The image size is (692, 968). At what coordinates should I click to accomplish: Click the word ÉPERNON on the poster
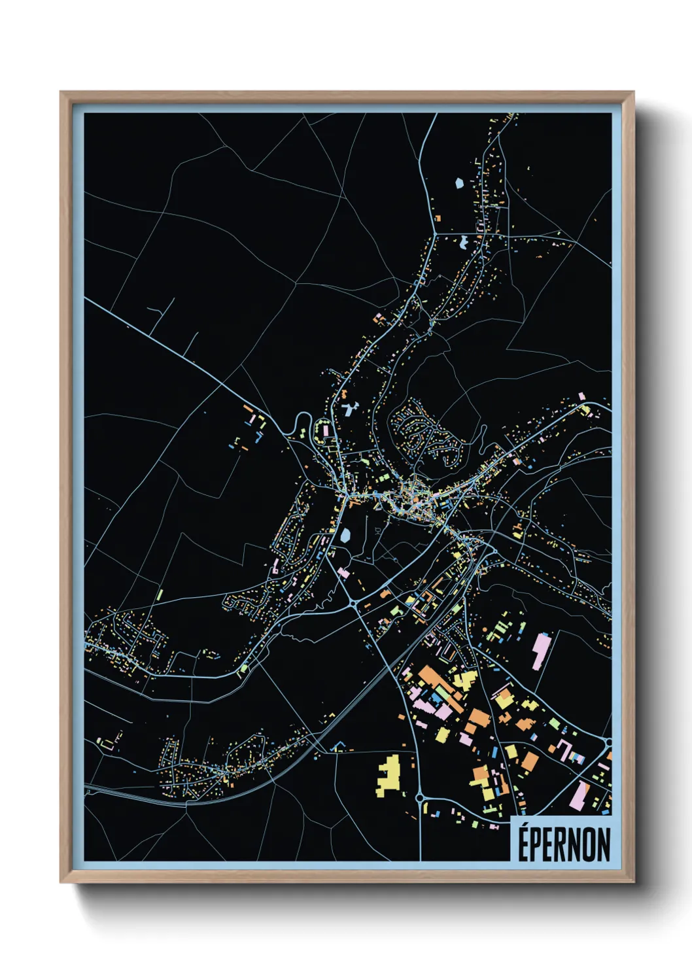click(564, 844)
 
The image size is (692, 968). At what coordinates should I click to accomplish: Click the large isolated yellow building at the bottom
click(389, 776)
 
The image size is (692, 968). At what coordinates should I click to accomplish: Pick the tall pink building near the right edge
click(540, 650)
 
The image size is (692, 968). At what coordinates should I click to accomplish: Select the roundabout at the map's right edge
click(608, 742)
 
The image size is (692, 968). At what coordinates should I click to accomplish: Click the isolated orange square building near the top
click(438, 218)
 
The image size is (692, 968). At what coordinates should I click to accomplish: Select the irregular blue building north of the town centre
click(349, 410)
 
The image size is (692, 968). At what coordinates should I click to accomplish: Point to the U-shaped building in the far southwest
click(111, 740)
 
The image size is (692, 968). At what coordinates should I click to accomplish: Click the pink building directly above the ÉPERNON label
click(579, 795)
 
